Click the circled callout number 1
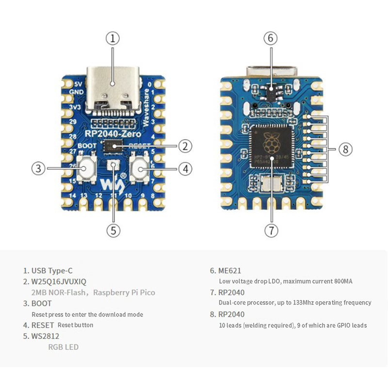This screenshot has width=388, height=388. pos(113,38)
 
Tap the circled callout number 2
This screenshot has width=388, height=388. pos(185,145)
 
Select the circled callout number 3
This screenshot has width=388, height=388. pos(39,169)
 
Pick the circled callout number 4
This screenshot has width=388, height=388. pos(185,169)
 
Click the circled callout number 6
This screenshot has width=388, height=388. pos(271,38)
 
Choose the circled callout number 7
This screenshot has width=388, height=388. pos(271,230)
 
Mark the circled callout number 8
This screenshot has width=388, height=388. pos(345,149)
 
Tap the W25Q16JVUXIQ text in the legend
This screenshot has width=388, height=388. pos(59,282)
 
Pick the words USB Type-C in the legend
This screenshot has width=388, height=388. pos(52,271)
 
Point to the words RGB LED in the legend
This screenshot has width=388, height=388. pos(63,347)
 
